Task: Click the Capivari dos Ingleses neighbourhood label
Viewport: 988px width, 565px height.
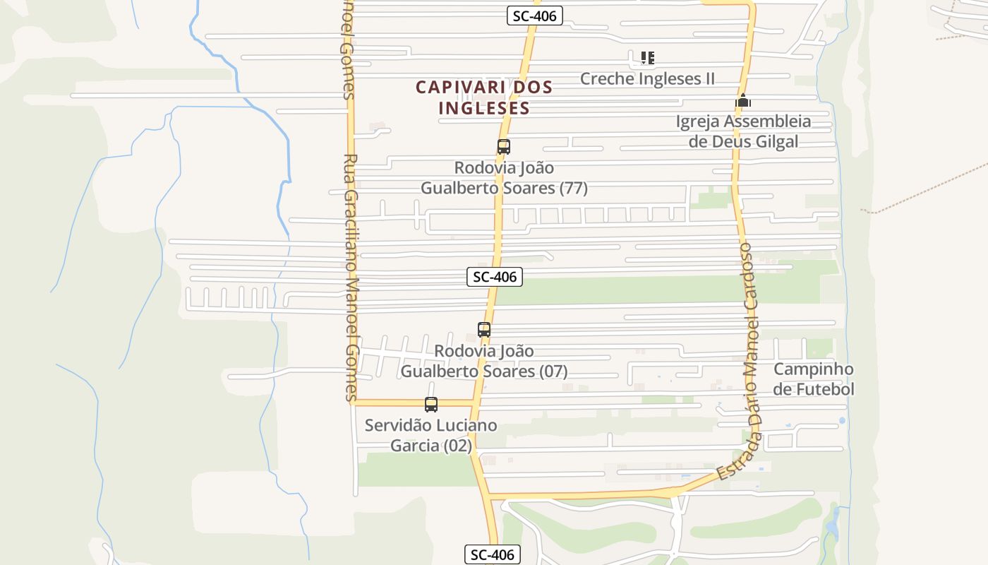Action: click(484, 97)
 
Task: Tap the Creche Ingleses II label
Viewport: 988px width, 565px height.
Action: click(647, 78)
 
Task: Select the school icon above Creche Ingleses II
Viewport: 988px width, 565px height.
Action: click(647, 58)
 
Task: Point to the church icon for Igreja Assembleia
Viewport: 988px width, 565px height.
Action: click(742, 101)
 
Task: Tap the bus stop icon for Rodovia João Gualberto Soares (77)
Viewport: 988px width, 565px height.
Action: click(503, 147)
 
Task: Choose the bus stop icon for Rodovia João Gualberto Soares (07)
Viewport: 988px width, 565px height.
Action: click(483, 329)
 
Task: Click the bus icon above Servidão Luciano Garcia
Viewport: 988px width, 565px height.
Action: click(430, 405)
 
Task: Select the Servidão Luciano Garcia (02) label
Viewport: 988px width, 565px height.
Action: click(430, 435)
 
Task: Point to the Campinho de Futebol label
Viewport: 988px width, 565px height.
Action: click(813, 379)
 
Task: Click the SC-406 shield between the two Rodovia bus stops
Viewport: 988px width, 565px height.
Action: click(495, 277)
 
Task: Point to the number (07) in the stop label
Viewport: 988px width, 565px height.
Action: click(553, 371)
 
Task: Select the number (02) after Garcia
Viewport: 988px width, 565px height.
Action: click(457, 446)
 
